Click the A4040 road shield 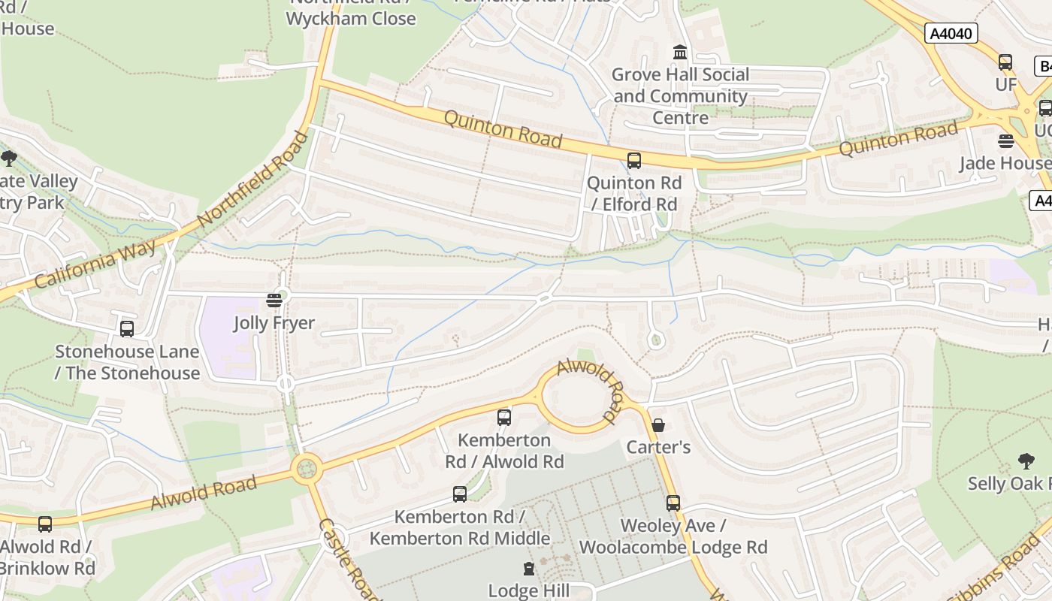pos(951,33)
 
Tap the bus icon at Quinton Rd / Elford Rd pos(633,160)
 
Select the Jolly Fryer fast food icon pos(274,300)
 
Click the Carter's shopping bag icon pos(658,425)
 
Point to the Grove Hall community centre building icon pos(680,52)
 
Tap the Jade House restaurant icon pos(1005,140)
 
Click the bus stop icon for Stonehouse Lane pos(127,328)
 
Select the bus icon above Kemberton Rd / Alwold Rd pos(504,417)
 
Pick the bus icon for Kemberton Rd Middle pos(459,494)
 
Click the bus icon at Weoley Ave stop pos(673,503)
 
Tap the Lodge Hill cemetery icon pos(529,569)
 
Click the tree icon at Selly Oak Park pos(1026,461)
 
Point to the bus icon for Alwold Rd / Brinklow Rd pos(45,524)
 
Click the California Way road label pos(95,264)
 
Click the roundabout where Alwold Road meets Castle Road pos(307,470)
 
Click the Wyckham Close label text pos(351,18)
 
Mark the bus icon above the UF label pos(1005,62)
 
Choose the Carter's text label pos(659,447)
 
